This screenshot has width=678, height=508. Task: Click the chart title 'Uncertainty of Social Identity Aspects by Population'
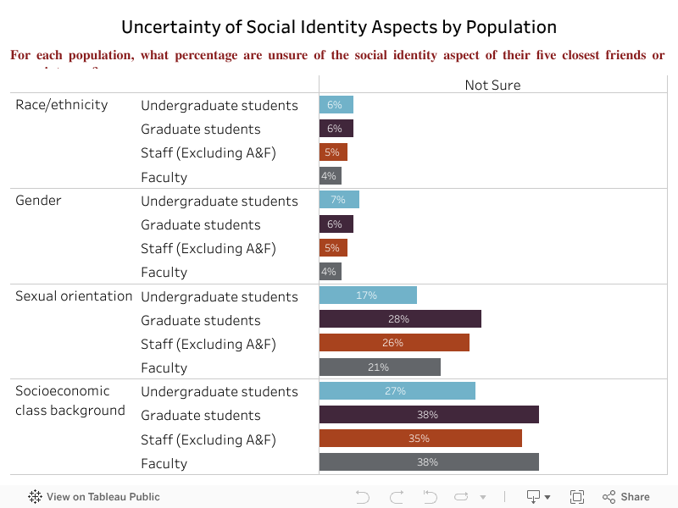pos(339,27)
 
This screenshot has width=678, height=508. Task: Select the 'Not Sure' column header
pos(492,85)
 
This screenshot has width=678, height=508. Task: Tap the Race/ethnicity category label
pos(62,105)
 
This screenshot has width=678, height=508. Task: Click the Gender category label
pos(38,201)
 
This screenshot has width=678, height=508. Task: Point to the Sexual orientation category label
pos(74,296)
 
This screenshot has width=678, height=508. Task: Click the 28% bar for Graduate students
pos(400,319)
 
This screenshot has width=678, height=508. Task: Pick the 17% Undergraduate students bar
pos(368,295)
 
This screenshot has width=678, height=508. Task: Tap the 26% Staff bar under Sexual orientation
pos(394,343)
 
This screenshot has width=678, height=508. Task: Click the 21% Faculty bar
pos(380,367)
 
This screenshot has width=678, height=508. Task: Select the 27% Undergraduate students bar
pos(397,390)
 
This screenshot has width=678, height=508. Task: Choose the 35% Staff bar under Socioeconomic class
pos(420,439)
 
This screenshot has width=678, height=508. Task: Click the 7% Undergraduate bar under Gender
pos(339,200)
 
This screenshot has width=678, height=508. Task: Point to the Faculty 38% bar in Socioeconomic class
pos(429,462)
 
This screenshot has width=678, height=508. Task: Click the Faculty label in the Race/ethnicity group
pos(164,177)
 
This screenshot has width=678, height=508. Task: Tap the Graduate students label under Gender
pos(200,224)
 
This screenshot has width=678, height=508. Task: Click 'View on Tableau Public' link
pos(94,497)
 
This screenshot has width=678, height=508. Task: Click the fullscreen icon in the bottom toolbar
pos(577,497)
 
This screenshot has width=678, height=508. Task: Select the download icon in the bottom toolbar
pos(535,497)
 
